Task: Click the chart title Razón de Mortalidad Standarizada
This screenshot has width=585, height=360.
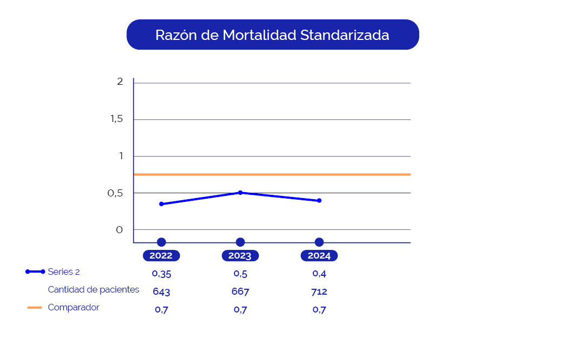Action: tap(272, 35)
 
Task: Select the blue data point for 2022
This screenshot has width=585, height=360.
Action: tap(162, 204)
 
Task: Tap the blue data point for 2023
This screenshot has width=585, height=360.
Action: tap(240, 193)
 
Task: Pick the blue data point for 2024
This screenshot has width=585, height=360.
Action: tap(319, 201)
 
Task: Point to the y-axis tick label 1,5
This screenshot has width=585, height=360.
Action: tap(117, 119)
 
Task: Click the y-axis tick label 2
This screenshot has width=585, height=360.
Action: tap(120, 81)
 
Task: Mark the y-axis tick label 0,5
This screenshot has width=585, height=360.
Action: tap(116, 193)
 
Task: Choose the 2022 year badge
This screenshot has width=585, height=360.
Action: tap(161, 256)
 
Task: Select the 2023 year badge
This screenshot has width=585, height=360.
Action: tap(240, 256)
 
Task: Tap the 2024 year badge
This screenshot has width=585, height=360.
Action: tap(319, 256)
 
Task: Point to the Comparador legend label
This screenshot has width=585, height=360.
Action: tap(73, 307)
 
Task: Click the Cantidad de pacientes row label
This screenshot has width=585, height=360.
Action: tap(93, 289)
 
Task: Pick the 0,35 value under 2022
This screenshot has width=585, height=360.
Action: tap(162, 274)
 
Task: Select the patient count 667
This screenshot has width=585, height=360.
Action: tap(240, 292)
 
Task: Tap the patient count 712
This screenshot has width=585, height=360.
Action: tap(319, 292)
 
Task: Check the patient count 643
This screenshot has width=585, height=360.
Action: tap(162, 292)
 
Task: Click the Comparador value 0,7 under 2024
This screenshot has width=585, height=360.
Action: tap(319, 310)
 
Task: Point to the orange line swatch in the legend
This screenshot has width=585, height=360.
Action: tap(35, 308)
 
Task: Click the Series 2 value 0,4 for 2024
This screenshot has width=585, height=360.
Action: tap(319, 274)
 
